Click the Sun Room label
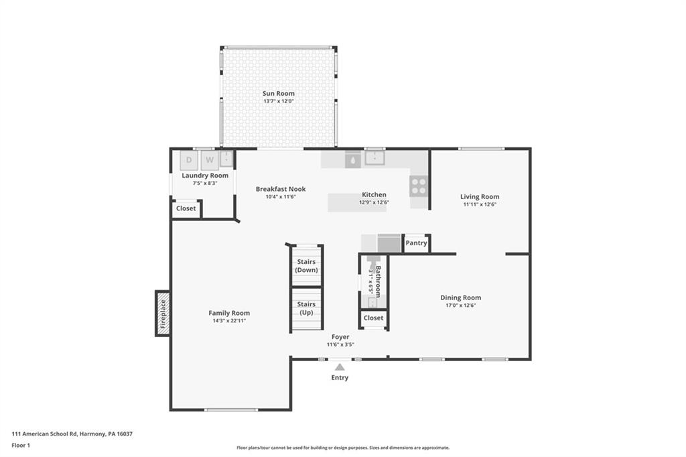[x=278, y=94]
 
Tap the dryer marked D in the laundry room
[x=189, y=160]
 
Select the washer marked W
[x=209, y=160]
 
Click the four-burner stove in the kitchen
[x=419, y=186]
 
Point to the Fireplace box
[x=162, y=313]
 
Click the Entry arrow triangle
[x=340, y=367]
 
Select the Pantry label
[x=416, y=243]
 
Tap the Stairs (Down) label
[x=306, y=265]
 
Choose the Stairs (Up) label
[x=306, y=308]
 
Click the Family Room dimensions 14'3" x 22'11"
[x=229, y=321]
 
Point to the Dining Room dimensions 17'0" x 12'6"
[x=460, y=305]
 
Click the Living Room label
[x=480, y=197]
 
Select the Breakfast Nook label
[x=281, y=189]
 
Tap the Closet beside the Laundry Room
[x=186, y=208]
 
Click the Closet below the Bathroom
[x=373, y=318]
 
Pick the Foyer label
[x=340, y=336]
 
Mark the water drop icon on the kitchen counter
[x=352, y=159]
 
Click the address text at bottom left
[x=72, y=434]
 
